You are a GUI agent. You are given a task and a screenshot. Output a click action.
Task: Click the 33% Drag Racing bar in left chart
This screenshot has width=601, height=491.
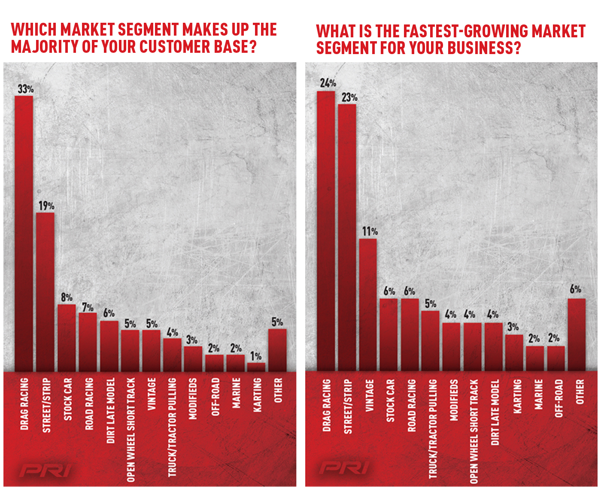pyautogui.click(x=24, y=233)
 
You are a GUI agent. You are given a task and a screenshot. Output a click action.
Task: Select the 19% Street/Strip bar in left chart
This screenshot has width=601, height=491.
pyautogui.click(x=45, y=292)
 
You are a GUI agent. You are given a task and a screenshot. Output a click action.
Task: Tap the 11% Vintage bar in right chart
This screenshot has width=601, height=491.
pyautogui.click(x=368, y=305)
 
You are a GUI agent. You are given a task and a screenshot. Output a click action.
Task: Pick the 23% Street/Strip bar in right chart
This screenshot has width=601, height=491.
pyautogui.click(x=347, y=237)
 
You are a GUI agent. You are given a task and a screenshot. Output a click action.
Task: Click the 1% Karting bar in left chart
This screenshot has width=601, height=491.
pyautogui.click(x=256, y=367)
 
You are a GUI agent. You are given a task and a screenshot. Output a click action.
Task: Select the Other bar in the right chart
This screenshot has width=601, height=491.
pyautogui.click(x=577, y=335)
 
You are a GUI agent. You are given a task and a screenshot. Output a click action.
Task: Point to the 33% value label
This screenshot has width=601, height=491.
pyautogui.click(x=25, y=89)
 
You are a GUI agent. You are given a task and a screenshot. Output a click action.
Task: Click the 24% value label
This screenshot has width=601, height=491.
pyautogui.click(x=328, y=83)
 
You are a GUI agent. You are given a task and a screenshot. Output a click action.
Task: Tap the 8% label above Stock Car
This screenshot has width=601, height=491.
pyautogui.click(x=67, y=297)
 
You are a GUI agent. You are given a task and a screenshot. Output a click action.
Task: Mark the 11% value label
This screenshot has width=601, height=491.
pyautogui.click(x=369, y=232)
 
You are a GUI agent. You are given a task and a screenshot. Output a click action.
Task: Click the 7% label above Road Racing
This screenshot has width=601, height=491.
pyautogui.click(x=88, y=307)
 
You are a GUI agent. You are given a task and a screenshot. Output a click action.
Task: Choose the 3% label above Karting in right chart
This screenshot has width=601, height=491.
pyautogui.click(x=513, y=327)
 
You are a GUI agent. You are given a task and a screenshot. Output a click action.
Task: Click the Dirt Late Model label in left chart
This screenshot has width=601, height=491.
pyautogui.click(x=110, y=410)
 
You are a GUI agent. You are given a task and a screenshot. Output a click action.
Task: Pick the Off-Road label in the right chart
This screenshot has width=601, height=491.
pyautogui.click(x=559, y=398)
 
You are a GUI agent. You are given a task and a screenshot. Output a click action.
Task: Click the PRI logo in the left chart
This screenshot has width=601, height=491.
pyautogui.click(x=45, y=470)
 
